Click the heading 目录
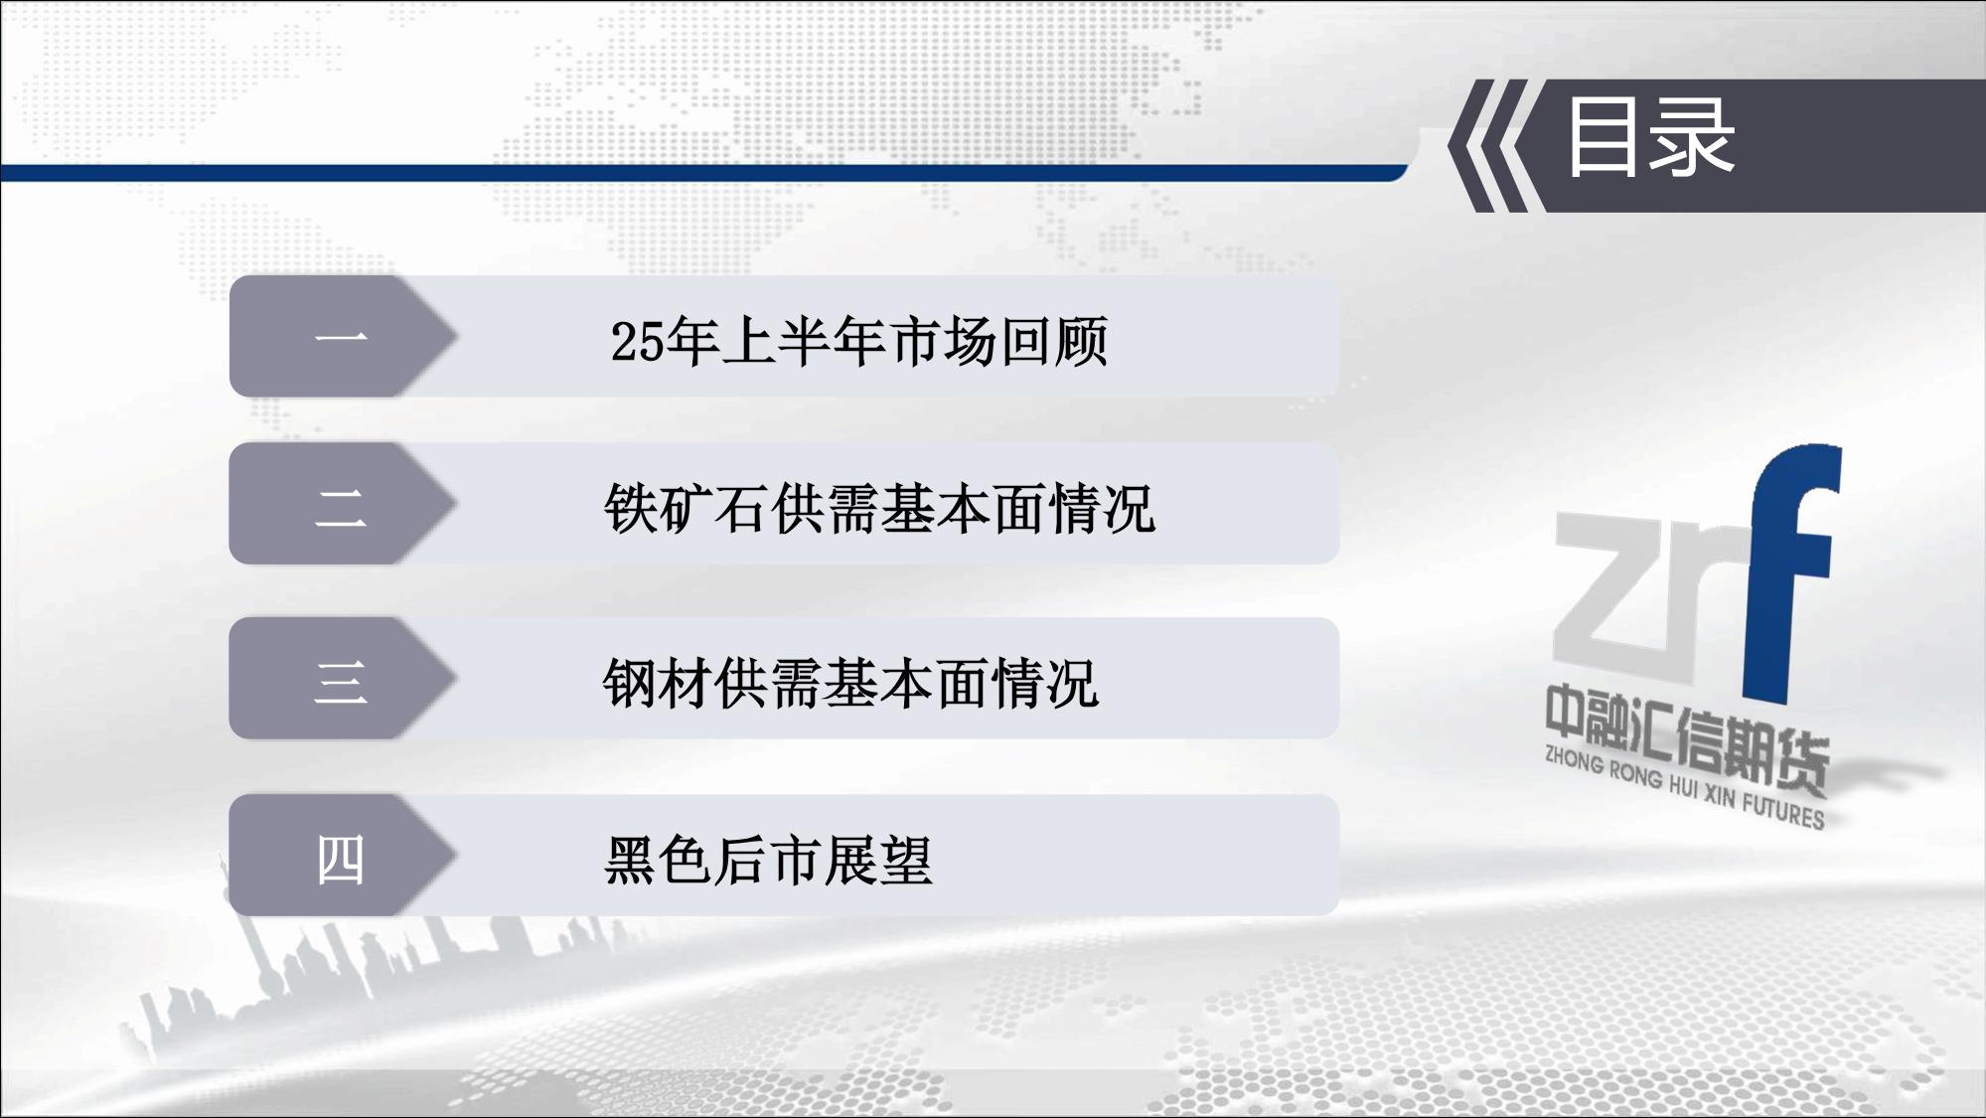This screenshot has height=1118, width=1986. [1650, 138]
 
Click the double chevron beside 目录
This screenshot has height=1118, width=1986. [1487, 146]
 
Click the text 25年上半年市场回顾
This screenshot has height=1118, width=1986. [859, 341]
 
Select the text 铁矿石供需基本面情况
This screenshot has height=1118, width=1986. [880, 509]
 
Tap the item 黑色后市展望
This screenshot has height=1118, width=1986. [769, 861]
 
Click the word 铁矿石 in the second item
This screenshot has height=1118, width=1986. [687, 509]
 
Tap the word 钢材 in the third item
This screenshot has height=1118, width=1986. [659, 684]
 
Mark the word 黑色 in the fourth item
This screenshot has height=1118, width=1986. [659, 861]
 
